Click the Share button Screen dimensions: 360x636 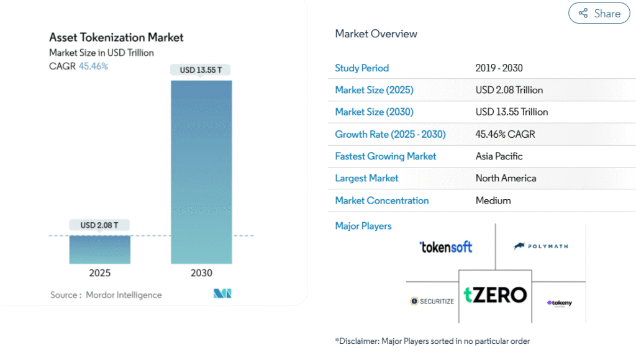pyautogui.click(x=599, y=13)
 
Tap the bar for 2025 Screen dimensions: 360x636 pyautogui.click(x=99, y=250)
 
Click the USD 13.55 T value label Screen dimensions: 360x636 pyautogui.click(x=201, y=70)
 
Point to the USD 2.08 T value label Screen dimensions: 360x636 pyautogui.click(x=99, y=225)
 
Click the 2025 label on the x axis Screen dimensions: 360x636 pyautogui.click(x=99, y=273)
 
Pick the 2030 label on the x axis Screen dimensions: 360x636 pyautogui.click(x=201, y=273)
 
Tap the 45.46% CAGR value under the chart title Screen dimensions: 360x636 pyautogui.click(x=93, y=66)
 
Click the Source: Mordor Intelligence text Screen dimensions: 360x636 pyautogui.click(x=106, y=295)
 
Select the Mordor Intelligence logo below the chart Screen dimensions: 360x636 pyautogui.click(x=222, y=294)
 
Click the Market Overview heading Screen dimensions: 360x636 pyautogui.click(x=376, y=34)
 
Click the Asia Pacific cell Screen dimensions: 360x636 pyautogui.click(x=499, y=156)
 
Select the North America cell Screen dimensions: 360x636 pyautogui.click(x=506, y=178)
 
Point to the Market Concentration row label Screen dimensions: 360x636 pyautogui.click(x=381, y=200)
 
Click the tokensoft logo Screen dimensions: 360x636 pyautogui.click(x=445, y=246)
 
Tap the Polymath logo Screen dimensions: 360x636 pyautogui.click(x=540, y=246)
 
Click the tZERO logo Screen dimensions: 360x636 pyautogui.click(x=495, y=295)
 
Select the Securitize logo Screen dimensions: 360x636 pyautogui.click(x=432, y=301)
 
